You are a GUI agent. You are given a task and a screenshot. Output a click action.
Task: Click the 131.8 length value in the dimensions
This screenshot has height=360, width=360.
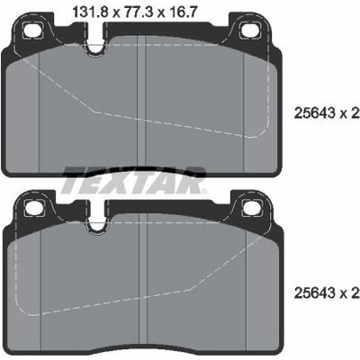92,13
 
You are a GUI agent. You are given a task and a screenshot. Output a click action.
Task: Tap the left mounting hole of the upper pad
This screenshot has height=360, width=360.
33,30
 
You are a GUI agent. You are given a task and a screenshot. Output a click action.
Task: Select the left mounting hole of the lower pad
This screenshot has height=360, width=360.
34,208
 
